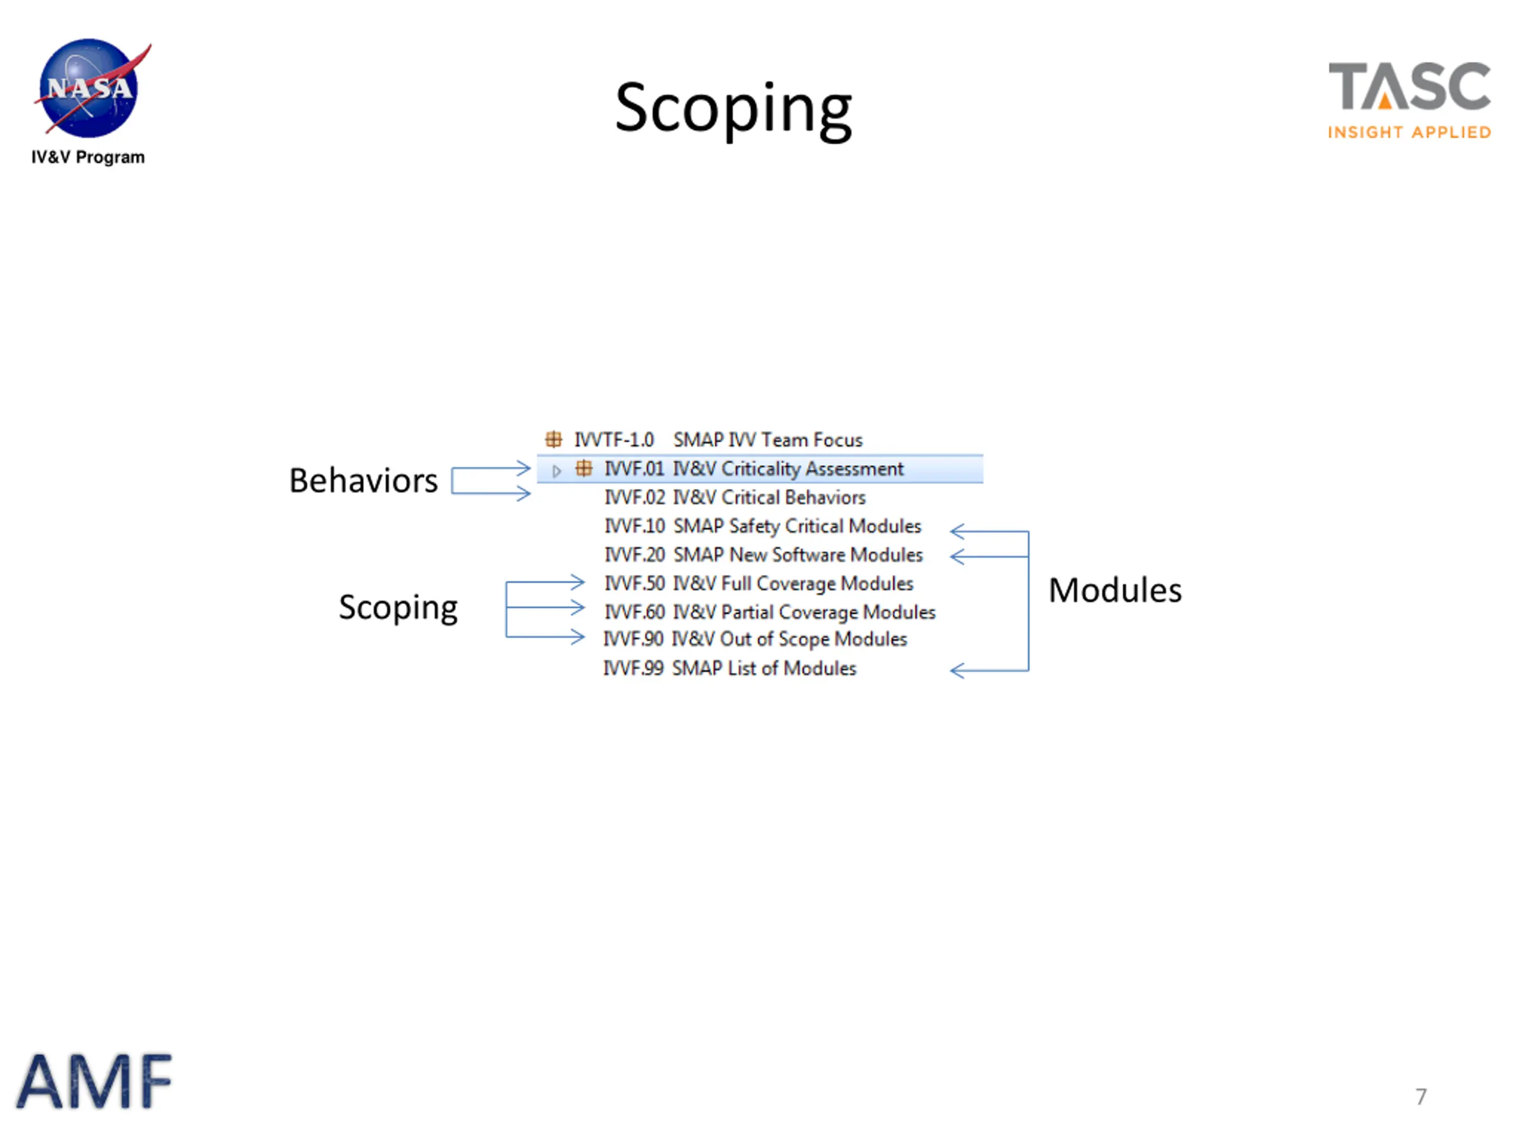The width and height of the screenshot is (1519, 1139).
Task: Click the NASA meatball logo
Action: [x=89, y=88]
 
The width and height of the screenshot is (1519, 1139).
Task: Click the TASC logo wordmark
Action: [x=1409, y=86]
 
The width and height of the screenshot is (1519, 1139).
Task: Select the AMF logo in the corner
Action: [x=94, y=1081]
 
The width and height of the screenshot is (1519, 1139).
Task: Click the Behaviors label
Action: [x=363, y=481]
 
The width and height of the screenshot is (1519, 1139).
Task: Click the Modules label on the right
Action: [x=1114, y=590]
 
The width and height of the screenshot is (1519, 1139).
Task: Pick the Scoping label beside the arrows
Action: [x=398, y=607]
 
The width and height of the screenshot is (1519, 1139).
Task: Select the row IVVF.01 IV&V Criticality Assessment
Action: [x=754, y=469]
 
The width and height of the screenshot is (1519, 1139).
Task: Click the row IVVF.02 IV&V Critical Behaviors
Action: [x=734, y=498]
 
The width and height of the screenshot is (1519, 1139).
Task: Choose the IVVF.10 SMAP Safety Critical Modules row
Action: [x=762, y=527]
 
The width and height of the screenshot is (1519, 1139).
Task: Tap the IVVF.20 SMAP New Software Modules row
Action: [x=763, y=555]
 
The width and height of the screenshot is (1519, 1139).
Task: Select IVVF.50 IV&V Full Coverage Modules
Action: [x=758, y=584]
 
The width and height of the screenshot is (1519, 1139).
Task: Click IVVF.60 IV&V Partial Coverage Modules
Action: [x=769, y=612]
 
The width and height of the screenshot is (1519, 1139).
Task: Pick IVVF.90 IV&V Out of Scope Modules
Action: [x=755, y=639]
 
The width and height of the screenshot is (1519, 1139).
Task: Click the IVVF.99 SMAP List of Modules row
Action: [x=729, y=668]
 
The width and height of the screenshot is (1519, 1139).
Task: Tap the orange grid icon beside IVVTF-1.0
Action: [x=554, y=440]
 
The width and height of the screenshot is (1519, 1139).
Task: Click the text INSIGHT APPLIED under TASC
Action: [x=1409, y=132]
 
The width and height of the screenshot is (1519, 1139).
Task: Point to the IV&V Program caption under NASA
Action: [x=88, y=157]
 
